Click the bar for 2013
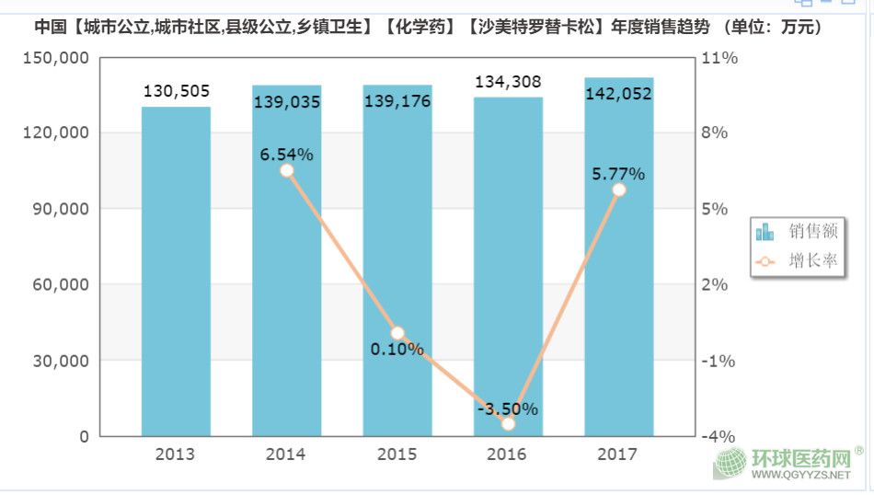tap(176, 271)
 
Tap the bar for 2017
tap(618, 258)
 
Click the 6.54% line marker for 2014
tap(287, 170)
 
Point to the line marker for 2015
tap(397, 333)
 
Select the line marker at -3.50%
tap(508, 423)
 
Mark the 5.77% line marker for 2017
tap(618, 190)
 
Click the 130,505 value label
tap(177, 91)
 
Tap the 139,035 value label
tap(287, 101)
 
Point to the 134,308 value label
tap(508, 83)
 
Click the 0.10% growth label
tap(397, 350)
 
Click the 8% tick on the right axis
tap(714, 133)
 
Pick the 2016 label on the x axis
tap(508, 455)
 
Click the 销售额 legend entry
tap(797, 231)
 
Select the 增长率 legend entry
tap(797, 261)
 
